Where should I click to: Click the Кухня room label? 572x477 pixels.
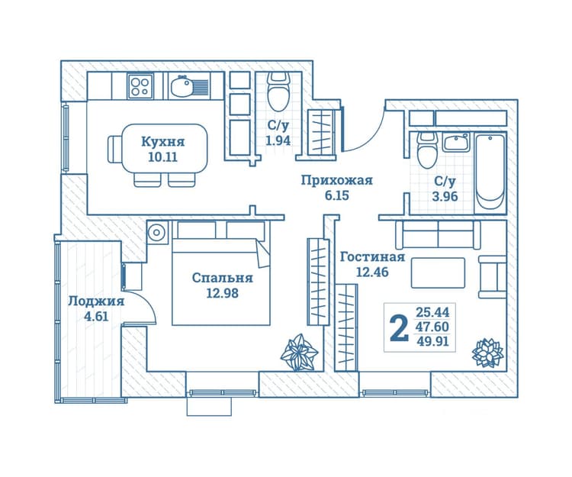click(162, 142)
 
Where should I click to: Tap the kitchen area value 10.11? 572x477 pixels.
click(162, 157)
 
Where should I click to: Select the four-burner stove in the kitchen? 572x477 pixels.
click(140, 86)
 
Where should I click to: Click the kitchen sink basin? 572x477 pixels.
click(182, 86)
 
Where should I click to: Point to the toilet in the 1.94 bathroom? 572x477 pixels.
click(278, 92)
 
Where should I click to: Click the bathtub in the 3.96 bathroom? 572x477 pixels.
click(490, 172)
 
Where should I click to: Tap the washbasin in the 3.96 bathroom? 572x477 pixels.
click(456, 143)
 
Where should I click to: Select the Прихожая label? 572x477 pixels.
click(336, 180)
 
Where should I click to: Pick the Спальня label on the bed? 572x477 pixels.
click(222, 278)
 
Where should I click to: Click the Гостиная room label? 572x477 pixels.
click(372, 257)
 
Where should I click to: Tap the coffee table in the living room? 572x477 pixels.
click(438, 273)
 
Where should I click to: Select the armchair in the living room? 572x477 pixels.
click(492, 277)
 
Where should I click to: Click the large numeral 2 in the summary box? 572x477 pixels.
click(399, 328)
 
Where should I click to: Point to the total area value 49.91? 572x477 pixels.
click(432, 342)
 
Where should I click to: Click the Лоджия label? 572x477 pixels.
click(96, 301)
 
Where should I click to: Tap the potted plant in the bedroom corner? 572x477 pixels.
click(299, 353)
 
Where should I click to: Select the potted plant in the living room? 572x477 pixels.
click(488, 353)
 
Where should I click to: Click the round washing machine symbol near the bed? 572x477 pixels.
click(157, 232)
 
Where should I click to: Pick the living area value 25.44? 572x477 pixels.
click(432, 312)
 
